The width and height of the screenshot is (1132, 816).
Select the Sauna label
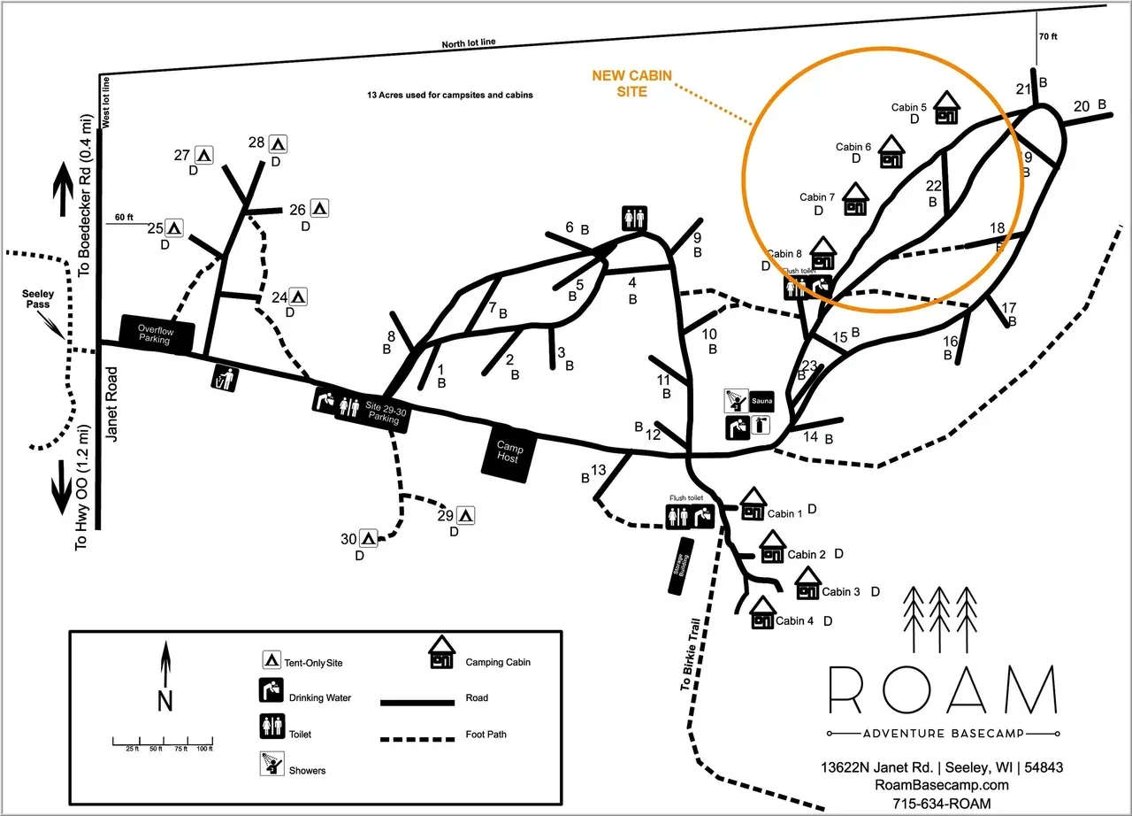[761, 402]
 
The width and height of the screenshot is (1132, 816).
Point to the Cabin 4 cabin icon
[762, 612]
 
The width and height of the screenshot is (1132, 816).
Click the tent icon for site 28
[278, 142]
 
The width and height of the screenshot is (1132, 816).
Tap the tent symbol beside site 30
[368, 536]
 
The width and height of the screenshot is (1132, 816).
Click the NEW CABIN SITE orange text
[631, 83]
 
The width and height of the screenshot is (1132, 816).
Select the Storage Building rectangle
[682, 566]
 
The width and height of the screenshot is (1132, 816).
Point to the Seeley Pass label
[38, 299]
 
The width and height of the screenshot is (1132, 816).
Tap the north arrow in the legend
[164, 677]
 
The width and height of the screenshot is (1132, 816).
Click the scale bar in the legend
[163, 741]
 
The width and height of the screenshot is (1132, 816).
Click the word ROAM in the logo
[943, 690]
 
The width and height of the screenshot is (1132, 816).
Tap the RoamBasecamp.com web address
[941, 785]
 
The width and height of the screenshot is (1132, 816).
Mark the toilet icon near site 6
[634, 218]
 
